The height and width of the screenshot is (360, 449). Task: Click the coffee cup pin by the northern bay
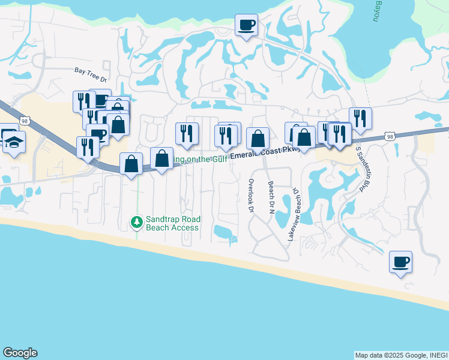point(246,26)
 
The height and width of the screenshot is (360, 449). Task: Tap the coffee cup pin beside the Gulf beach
point(400,263)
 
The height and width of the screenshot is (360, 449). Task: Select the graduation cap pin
point(14,143)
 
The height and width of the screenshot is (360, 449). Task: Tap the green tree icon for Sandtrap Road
point(137,223)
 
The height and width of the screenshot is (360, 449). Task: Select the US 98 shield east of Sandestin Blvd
point(391,137)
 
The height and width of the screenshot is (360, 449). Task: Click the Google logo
point(20,353)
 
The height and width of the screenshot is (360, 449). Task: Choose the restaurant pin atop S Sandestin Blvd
point(360,118)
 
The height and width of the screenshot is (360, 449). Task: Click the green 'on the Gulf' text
point(198,159)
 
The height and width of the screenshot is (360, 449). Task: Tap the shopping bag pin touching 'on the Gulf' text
point(161,159)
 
